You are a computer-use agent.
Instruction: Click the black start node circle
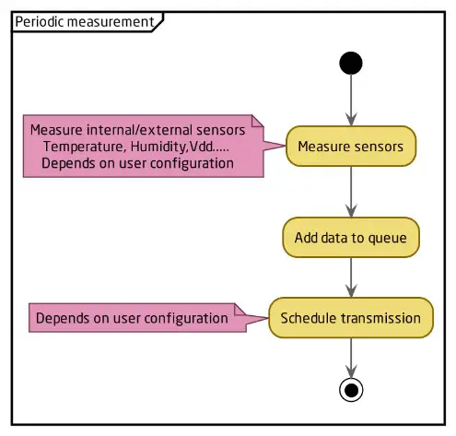pyautogui.click(x=351, y=63)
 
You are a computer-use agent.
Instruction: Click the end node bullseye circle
pyautogui.click(x=351, y=389)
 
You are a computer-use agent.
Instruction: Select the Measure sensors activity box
pyautogui.click(x=351, y=146)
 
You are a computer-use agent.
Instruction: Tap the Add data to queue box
pyautogui.click(x=351, y=237)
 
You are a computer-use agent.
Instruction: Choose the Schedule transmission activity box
pyautogui.click(x=351, y=318)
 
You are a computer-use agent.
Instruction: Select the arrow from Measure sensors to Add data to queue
pyautogui.click(x=351, y=191)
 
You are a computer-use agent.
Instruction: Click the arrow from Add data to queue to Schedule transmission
pyautogui.click(x=351, y=277)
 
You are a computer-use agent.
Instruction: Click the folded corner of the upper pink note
pyautogui.click(x=258, y=121)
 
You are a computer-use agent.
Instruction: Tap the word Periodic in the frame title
pyautogui.click(x=39, y=20)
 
